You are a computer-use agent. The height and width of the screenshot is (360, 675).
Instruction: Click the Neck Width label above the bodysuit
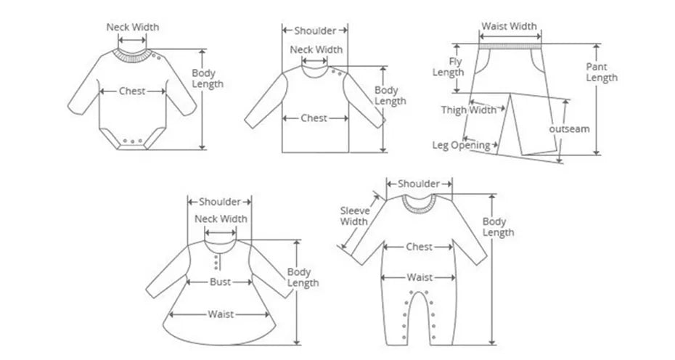133,28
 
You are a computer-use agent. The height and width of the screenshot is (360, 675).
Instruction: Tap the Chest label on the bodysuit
133,91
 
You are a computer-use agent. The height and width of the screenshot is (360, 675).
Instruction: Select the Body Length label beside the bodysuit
207,78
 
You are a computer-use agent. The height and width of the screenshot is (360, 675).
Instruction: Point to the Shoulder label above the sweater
315,30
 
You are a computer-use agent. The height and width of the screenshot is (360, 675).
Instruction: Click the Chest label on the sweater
314,118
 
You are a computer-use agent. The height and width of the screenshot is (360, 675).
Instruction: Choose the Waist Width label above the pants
510,26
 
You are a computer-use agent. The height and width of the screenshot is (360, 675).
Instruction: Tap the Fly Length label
449,67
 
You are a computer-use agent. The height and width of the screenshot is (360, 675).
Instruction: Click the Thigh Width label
469,110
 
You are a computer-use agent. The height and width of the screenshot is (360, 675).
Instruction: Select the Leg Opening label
461,145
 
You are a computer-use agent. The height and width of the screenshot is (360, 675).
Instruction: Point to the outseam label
568,128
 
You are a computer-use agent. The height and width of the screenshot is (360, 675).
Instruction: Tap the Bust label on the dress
221,282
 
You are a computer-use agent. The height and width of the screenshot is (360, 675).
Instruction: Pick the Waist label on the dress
221,314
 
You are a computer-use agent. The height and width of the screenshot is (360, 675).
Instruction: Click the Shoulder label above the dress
220,201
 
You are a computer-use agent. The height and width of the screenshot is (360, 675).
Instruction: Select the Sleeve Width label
354,216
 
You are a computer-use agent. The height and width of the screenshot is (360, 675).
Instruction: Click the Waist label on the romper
420,277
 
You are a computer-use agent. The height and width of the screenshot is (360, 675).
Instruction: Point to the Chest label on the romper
419,247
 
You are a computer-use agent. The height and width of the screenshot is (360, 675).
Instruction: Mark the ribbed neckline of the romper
420,203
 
